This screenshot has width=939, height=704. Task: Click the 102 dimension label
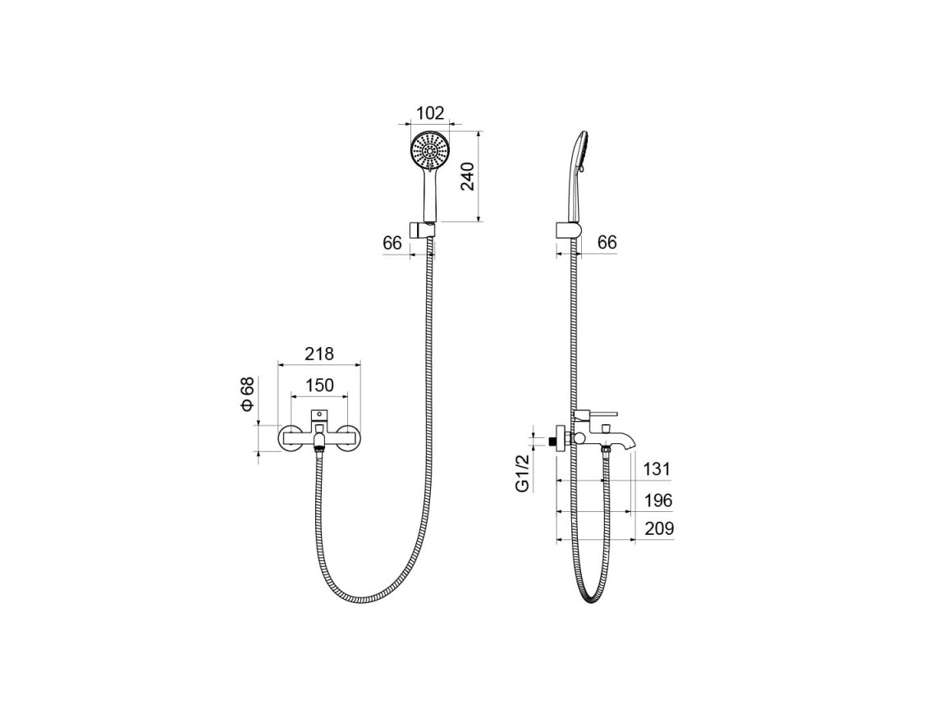click(x=430, y=112)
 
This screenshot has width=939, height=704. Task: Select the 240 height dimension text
click(x=468, y=176)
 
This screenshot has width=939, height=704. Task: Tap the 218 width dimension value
click(x=319, y=353)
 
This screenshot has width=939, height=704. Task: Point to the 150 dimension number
click(x=319, y=385)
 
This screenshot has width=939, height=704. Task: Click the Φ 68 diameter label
click(x=247, y=395)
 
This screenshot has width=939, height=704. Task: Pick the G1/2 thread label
click(x=522, y=473)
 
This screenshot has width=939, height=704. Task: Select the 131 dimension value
click(x=657, y=469)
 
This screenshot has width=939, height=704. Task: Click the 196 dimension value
click(x=658, y=500)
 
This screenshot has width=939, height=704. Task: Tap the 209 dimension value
click(x=659, y=528)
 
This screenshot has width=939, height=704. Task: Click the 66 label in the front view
click(x=392, y=243)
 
